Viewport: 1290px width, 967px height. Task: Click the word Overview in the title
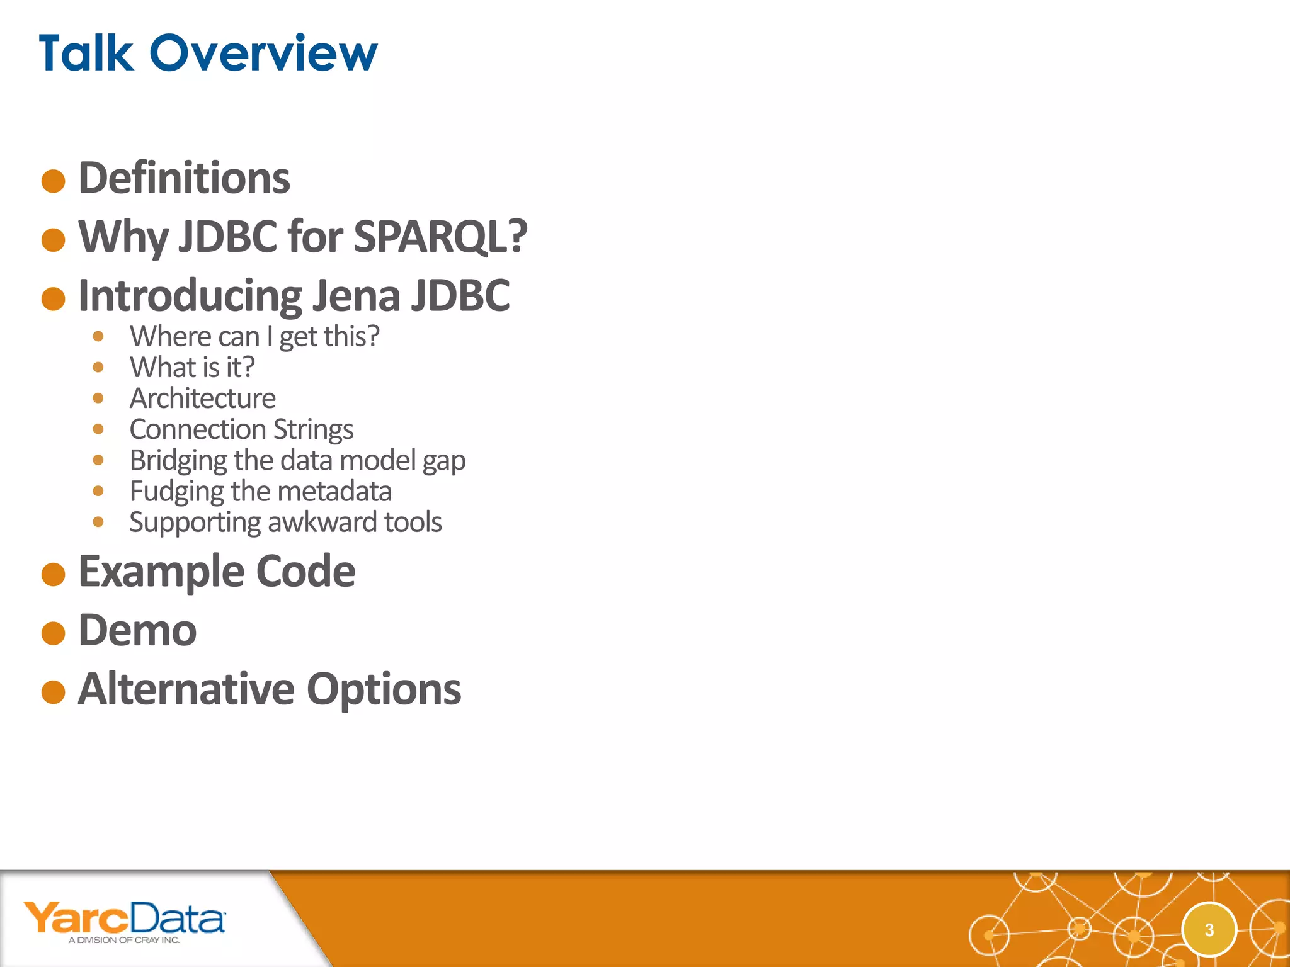(263, 53)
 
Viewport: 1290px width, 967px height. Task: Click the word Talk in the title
(86, 53)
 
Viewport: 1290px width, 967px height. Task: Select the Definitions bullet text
(184, 178)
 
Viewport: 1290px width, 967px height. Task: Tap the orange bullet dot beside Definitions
(54, 181)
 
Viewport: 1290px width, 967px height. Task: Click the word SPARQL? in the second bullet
(440, 237)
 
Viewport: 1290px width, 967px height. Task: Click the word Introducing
(190, 295)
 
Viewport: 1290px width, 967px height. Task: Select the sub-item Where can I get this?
(254, 336)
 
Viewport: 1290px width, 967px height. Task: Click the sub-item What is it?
(192, 367)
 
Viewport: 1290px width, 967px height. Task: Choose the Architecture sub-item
(202, 398)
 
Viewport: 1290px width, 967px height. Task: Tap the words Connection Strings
(241, 429)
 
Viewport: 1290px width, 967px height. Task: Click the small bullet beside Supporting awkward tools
(98, 521)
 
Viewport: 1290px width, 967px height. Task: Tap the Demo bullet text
(137, 630)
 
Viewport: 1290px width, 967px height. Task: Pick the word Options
(384, 689)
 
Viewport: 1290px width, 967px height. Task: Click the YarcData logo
(124, 921)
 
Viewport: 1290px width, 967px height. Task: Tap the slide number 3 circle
(1209, 930)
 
